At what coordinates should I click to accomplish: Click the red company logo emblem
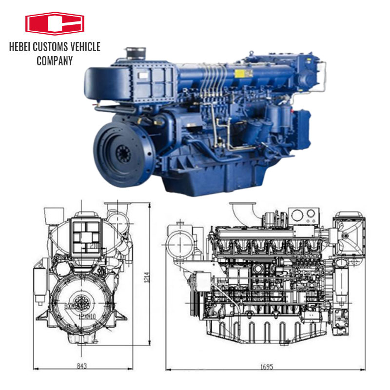pyautogui.click(x=55, y=24)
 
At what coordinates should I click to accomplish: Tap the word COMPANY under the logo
pyautogui.click(x=55, y=61)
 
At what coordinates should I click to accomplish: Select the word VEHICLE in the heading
pyautogui.click(x=84, y=47)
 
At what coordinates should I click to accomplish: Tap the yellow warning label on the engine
pyautogui.click(x=240, y=74)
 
